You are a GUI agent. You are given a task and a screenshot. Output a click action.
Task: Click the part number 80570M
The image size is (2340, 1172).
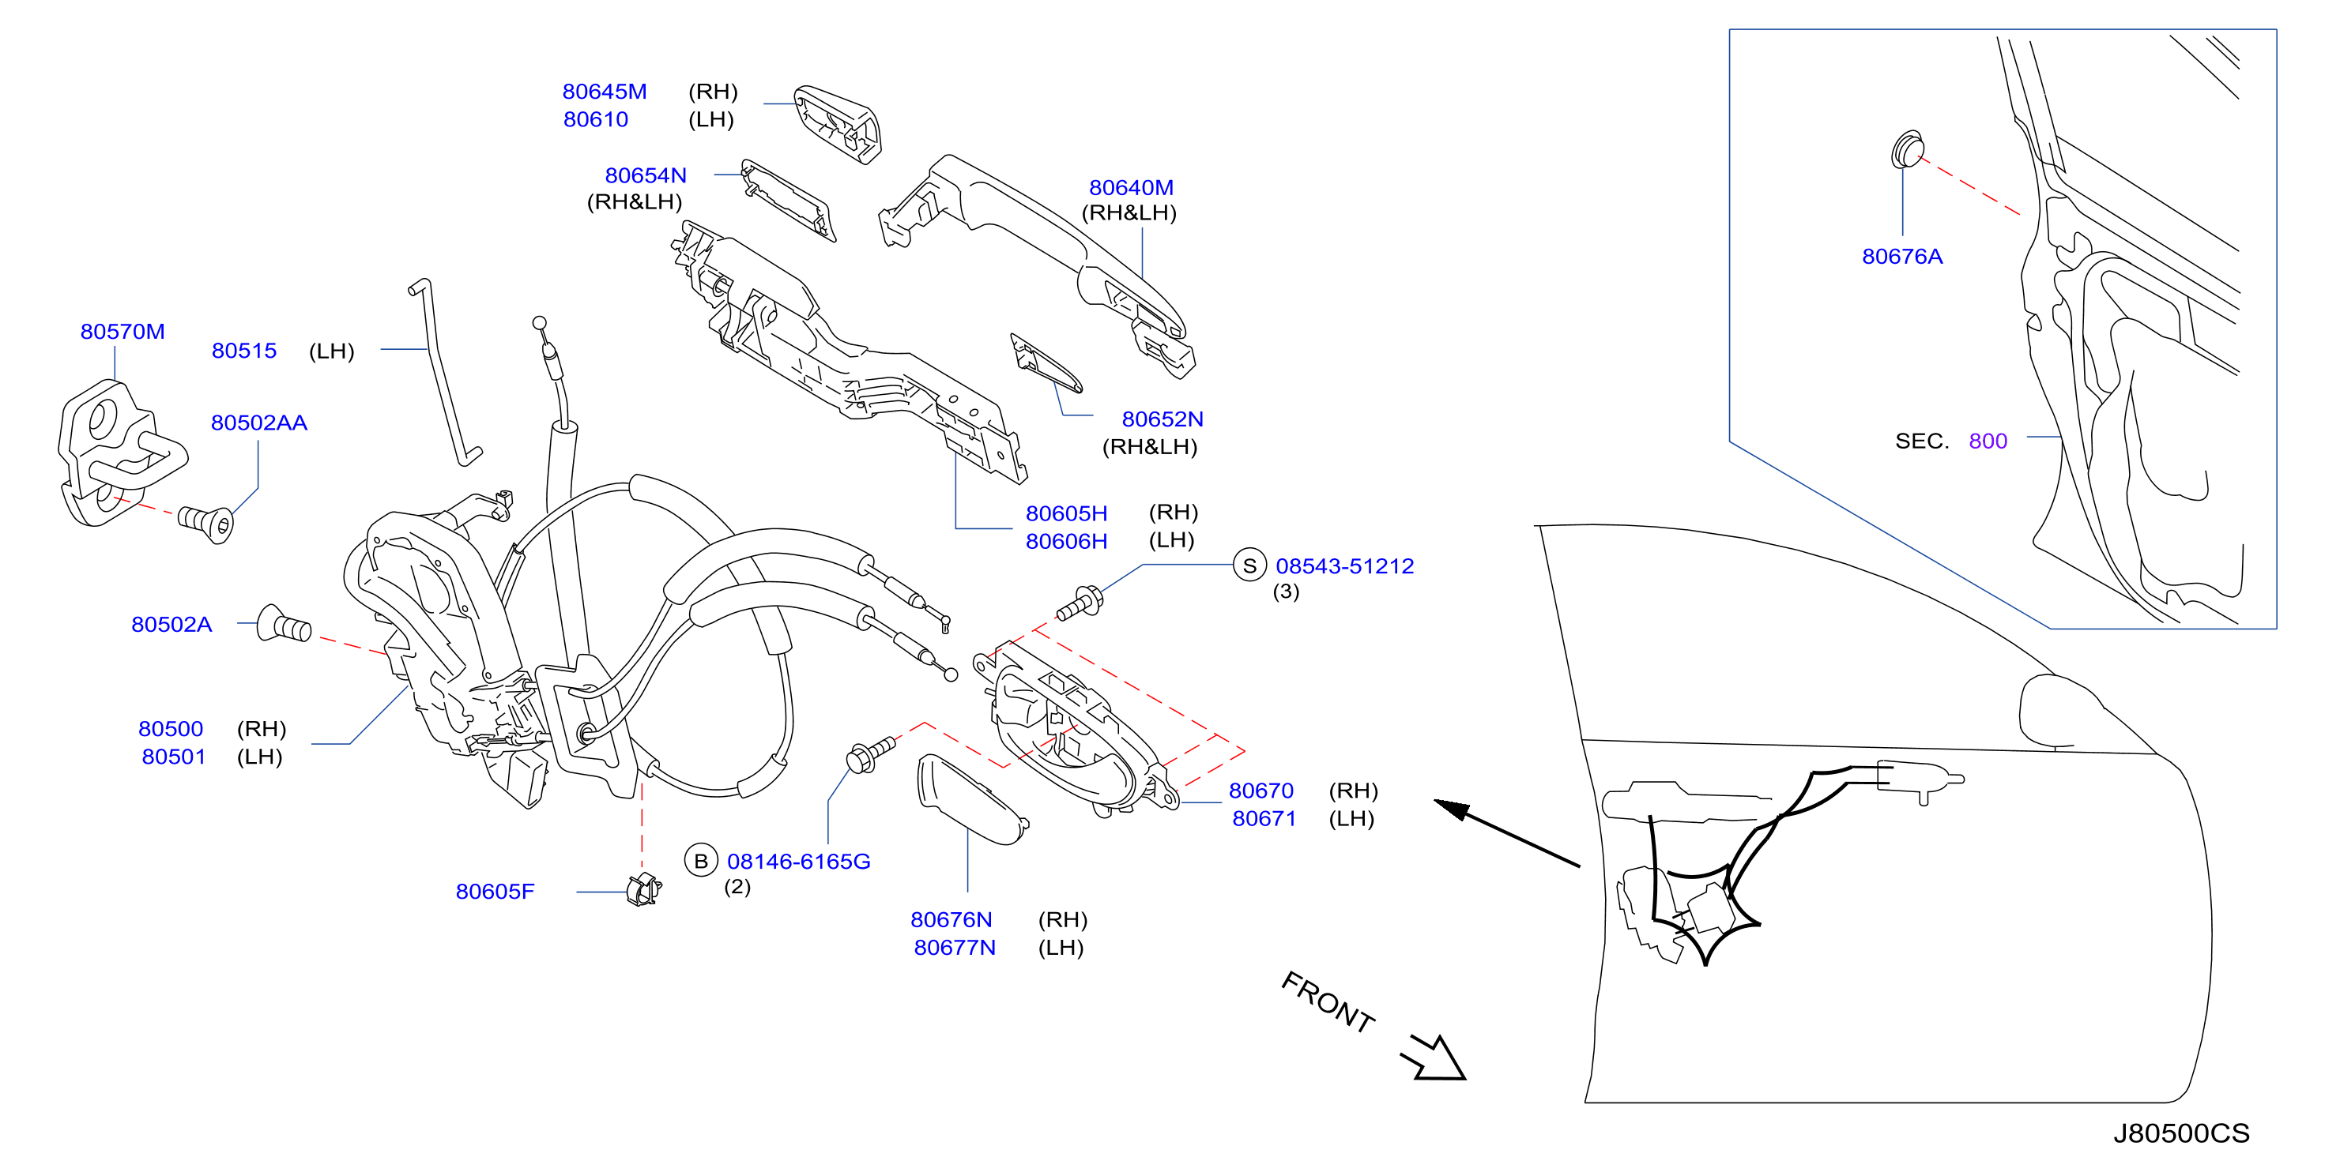click(122, 332)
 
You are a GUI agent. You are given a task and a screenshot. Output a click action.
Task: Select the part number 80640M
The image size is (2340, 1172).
click(1131, 187)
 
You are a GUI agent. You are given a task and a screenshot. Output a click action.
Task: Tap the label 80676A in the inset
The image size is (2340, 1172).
click(1902, 256)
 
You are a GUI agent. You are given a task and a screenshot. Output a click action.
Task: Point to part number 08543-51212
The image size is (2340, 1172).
click(1344, 565)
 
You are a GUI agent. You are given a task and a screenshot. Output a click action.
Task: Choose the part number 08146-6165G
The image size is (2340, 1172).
click(798, 861)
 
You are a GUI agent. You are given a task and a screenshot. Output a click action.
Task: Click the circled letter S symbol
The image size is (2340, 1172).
click(1250, 565)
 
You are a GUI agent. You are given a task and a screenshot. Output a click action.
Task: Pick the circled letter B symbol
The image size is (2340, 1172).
click(700, 861)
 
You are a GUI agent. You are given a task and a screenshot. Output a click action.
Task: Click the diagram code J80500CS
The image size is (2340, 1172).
click(2181, 1133)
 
